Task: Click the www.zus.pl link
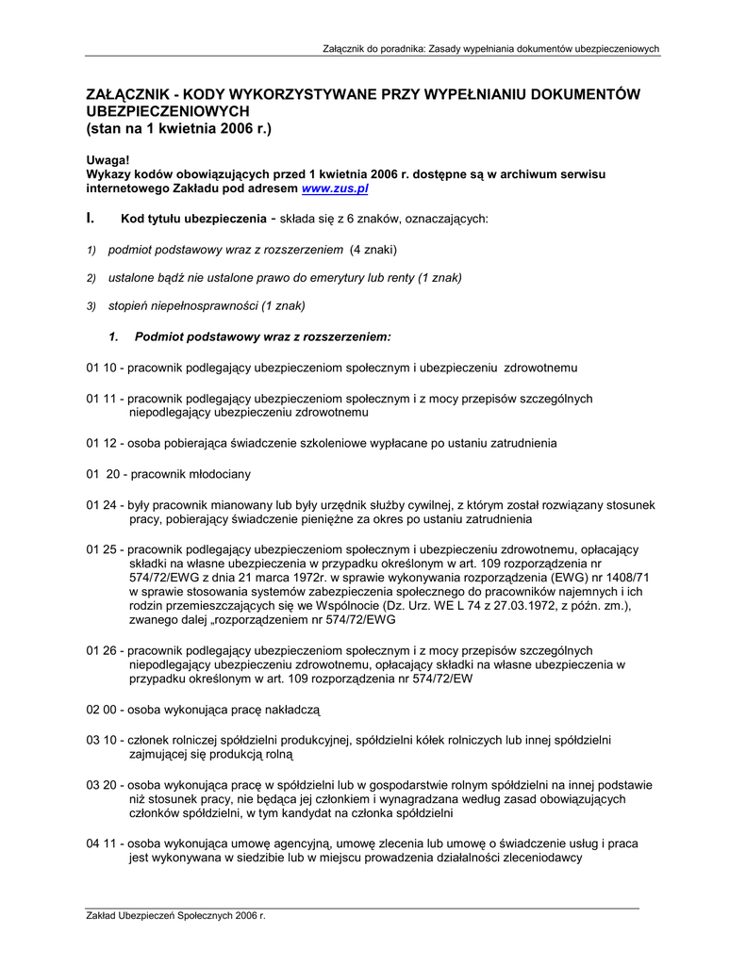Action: [334, 188]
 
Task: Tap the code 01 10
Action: [100, 367]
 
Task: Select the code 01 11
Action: [100, 399]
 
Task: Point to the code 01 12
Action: [100, 442]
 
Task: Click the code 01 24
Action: [100, 505]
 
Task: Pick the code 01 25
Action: [100, 548]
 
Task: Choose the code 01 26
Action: [100, 649]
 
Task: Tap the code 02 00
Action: [100, 708]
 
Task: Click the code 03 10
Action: [100, 740]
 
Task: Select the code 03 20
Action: [100, 784]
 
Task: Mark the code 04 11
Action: [100, 842]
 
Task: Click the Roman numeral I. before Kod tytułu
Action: [90, 219]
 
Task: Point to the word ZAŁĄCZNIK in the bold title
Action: [127, 94]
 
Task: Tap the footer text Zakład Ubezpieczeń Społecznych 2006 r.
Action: [175, 915]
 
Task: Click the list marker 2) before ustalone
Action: [91, 278]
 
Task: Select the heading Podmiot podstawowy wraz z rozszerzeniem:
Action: [262, 335]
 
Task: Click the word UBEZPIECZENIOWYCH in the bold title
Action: [167, 110]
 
